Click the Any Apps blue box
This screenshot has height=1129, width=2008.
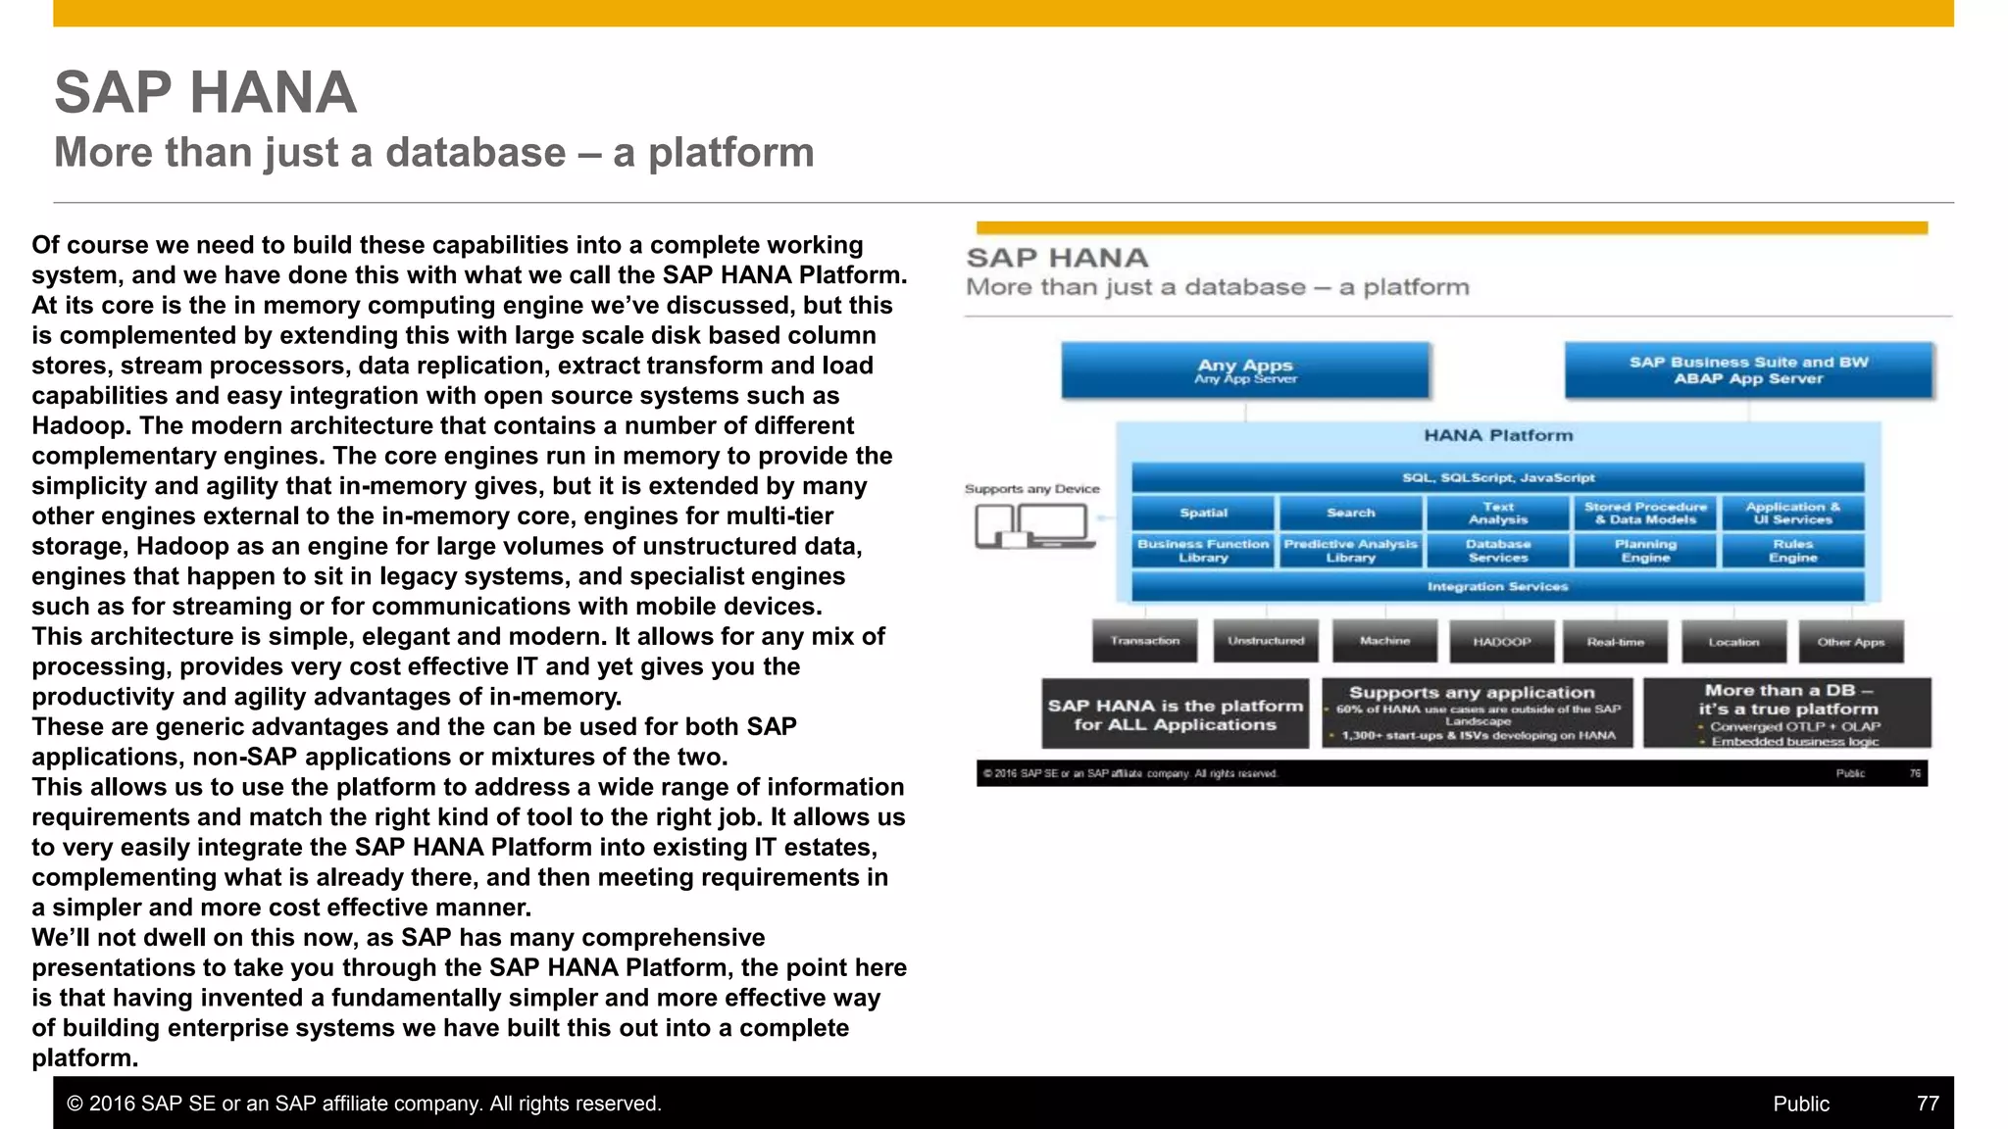tap(1244, 369)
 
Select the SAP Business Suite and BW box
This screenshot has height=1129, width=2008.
tap(1748, 369)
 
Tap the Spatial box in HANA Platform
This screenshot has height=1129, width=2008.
tap(1203, 513)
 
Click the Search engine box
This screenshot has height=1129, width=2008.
tap(1350, 513)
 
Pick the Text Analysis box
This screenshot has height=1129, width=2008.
tap(1497, 513)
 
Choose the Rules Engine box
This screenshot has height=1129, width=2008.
tap(1792, 551)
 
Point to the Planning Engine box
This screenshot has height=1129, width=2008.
tap(1645, 551)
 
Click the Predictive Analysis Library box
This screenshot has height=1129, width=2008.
tap(1350, 551)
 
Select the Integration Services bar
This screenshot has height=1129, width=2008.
tap(1497, 586)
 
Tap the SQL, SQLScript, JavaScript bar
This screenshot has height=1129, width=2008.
tap(1497, 477)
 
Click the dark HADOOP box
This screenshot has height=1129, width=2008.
tap(1501, 642)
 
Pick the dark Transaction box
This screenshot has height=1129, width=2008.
tap(1144, 641)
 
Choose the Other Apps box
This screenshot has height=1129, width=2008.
tap(1850, 642)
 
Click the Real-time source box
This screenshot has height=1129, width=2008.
tap(1615, 642)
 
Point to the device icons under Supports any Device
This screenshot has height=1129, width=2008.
tap(1033, 526)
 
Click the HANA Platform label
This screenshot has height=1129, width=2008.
tap(1497, 435)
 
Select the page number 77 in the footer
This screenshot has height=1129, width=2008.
tap(1927, 1104)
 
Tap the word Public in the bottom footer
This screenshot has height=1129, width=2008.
tap(1800, 1104)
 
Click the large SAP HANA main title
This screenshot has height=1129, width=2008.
tap(206, 92)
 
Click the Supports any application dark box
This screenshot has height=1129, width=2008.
tap(1477, 712)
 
